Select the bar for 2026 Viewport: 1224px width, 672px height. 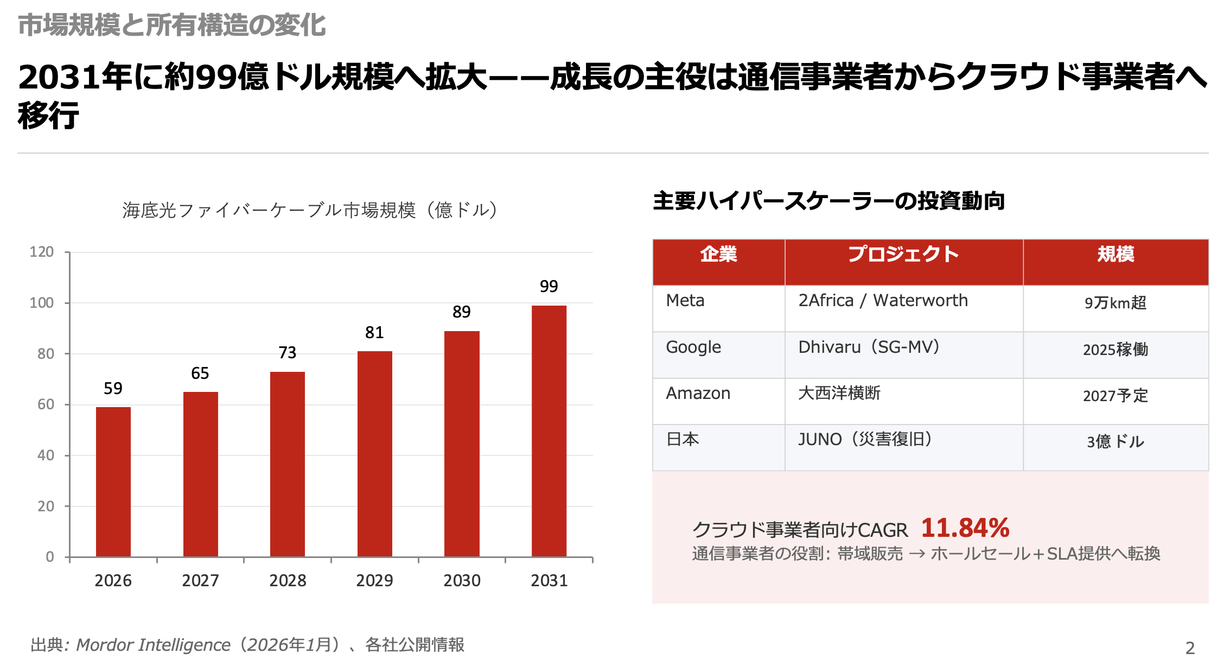tap(113, 481)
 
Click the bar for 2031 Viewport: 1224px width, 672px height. tap(549, 431)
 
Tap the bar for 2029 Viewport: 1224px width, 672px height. tap(374, 454)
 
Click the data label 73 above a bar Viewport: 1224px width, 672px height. tap(288, 353)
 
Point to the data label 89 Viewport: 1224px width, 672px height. tap(462, 312)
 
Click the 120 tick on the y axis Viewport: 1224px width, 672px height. tap(42, 252)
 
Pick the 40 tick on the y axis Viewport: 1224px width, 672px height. tap(46, 455)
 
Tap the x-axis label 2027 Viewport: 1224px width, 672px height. tap(200, 581)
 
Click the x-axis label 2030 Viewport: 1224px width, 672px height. tap(462, 581)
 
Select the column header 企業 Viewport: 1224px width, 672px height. tap(718, 254)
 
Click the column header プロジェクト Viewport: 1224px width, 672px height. tap(903, 254)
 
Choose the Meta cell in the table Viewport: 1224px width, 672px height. tap(685, 301)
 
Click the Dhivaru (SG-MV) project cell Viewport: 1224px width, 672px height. tap(868, 347)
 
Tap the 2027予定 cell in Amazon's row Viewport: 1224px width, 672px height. tap(1115, 396)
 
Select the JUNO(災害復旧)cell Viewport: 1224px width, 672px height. tap(865, 439)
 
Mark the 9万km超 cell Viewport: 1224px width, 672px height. tap(1115, 303)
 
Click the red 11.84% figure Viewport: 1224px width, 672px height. tap(965, 528)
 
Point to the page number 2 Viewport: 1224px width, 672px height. tap(1190, 648)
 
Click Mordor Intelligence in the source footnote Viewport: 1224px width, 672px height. tap(153, 645)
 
